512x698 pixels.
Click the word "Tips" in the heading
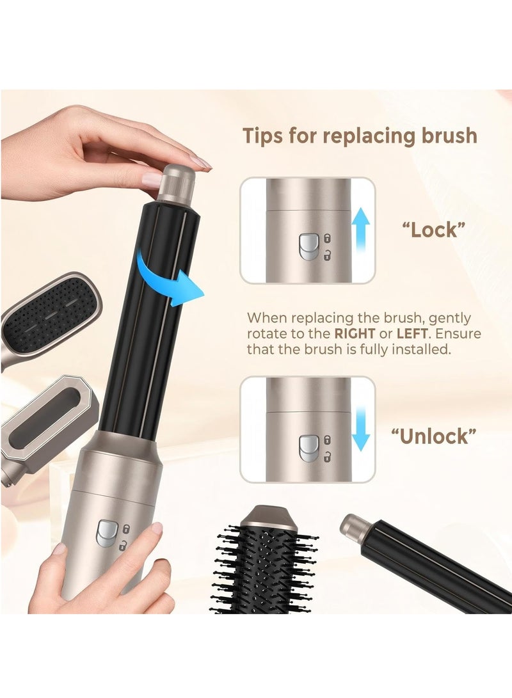264,136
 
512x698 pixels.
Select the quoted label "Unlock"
434,436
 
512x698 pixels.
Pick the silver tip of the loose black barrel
353,526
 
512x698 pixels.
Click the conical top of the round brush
271,519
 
